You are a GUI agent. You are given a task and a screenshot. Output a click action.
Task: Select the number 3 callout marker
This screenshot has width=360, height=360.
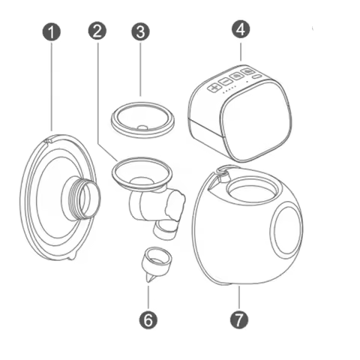140,31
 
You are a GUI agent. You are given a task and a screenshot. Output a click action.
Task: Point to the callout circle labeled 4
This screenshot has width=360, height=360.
241,29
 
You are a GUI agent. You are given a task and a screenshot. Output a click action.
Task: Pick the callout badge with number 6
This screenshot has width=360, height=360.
148,319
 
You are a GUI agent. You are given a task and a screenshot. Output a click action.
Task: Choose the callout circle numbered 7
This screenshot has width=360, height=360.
238,319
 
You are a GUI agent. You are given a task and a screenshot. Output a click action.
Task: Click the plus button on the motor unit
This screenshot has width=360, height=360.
214,86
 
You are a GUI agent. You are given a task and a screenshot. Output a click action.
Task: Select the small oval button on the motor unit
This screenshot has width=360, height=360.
256,76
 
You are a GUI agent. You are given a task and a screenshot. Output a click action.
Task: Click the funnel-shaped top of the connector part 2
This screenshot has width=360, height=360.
138,170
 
